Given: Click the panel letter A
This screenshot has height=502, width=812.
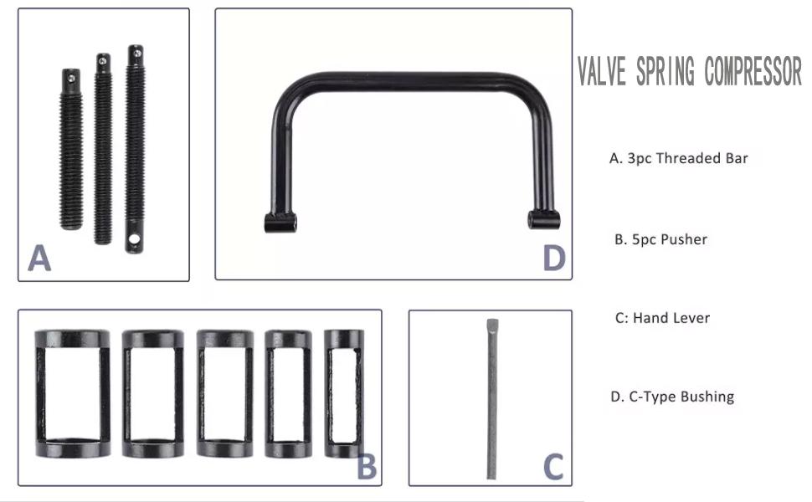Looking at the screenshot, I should pyautogui.click(x=39, y=259).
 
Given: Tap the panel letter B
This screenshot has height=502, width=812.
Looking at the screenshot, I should pyautogui.click(x=367, y=466).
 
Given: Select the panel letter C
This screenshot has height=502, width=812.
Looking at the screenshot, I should pyautogui.click(x=553, y=466).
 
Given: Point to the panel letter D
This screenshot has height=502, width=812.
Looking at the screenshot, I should pyautogui.click(x=553, y=259).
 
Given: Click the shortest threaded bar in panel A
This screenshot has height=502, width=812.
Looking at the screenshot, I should pyautogui.click(x=71, y=151).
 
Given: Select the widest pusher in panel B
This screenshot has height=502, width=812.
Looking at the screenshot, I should pyautogui.click(x=72, y=393).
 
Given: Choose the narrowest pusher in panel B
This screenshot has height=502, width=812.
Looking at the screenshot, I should pyautogui.click(x=343, y=393).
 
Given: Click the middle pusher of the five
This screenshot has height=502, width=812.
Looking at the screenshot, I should pyautogui.click(x=224, y=393).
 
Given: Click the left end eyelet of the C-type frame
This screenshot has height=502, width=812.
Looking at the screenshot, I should pyautogui.click(x=280, y=223).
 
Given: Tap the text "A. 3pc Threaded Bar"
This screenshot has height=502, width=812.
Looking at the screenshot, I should pyautogui.click(x=678, y=158).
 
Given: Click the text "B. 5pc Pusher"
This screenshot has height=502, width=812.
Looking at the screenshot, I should pyautogui.click(x=660, y=239).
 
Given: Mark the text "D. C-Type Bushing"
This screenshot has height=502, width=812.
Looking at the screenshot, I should pyautogui.click(x=673, y=396).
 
